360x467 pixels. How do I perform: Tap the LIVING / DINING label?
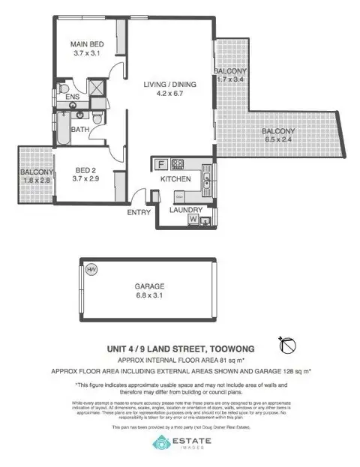(x=170, y=85)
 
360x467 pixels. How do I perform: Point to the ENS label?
(x=72, y=97)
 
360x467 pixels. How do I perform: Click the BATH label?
(x=79, y=130)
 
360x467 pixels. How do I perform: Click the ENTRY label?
(x=139, y=212)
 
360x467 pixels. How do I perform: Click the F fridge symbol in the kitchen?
(x=160, y=164)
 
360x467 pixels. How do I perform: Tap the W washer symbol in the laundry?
(x=193, y=220)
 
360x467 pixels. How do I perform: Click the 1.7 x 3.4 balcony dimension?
(x=233, y=79)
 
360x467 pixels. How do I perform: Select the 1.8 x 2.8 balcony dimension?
(x=34, y=181)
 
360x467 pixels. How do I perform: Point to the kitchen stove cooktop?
(x=178, y=164)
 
